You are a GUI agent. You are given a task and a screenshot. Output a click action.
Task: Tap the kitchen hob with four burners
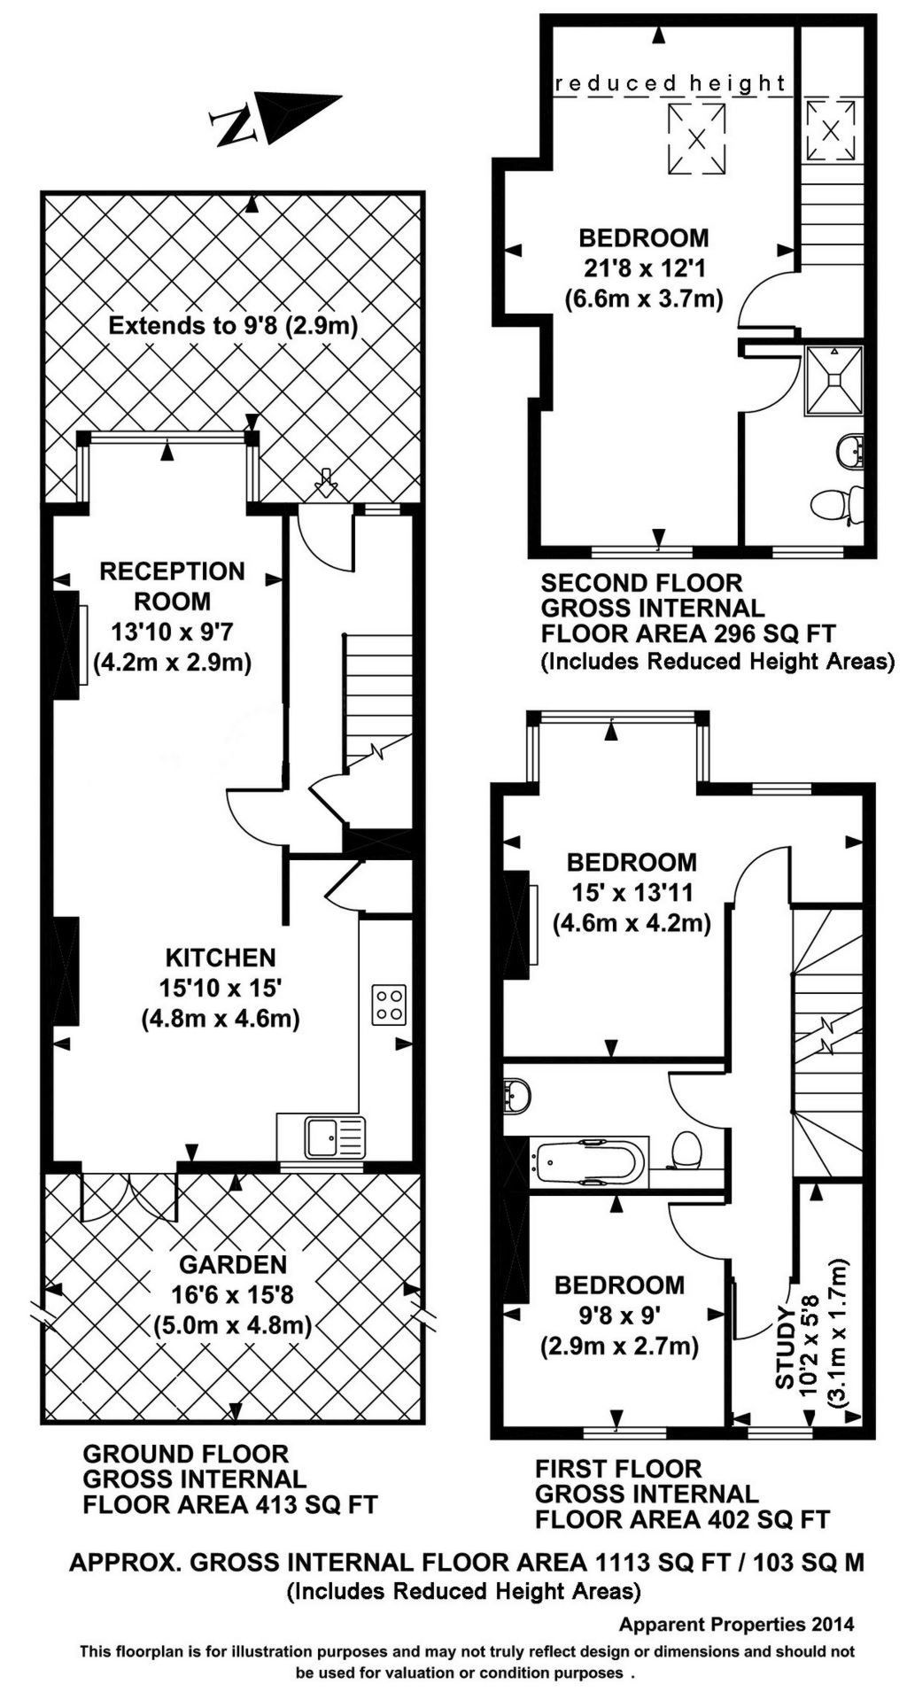(x=391, y=1005)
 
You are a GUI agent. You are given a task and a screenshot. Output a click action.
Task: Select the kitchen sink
(x=334, y=1137)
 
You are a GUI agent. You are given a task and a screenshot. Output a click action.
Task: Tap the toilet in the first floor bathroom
(x=687, y=1152)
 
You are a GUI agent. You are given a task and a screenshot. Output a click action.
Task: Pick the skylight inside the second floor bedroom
(x=696, y=138)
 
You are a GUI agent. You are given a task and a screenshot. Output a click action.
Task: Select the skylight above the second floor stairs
(x=831, y=129)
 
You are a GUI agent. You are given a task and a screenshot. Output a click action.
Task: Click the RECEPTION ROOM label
(x=172, y=586)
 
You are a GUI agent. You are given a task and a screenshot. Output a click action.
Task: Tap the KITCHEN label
(x=221, y=958)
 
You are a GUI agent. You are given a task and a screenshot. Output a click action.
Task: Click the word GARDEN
(x=233, y=1264)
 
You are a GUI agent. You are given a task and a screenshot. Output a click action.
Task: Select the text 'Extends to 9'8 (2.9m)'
(x=233, y=325)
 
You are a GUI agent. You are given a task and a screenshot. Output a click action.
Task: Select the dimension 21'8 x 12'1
(x=644, y=268)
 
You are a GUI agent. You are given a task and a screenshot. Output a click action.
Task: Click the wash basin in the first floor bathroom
(x=516, y=1095)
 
